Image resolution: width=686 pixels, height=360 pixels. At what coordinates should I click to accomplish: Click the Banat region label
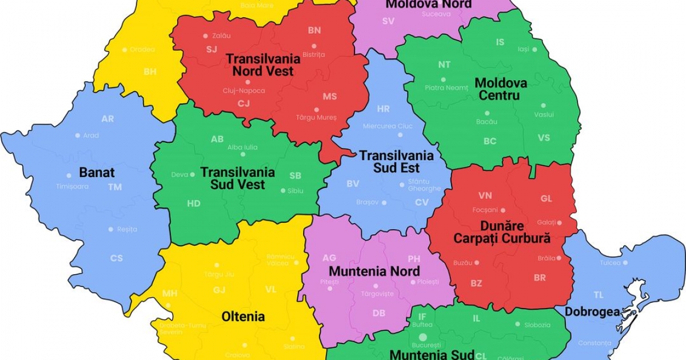(97, 173)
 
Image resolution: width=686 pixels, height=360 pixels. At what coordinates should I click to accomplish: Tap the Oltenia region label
(243, 317)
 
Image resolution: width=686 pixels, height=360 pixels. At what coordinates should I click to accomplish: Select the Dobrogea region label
(592, 312)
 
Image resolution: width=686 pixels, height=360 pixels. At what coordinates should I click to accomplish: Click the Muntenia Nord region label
(374, 271)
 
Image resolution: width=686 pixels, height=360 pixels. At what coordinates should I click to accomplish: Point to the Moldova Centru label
(501, 89)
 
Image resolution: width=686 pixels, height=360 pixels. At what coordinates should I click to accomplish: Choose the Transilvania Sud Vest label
(237, 178)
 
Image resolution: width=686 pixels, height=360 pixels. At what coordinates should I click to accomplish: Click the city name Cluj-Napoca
(244, 91)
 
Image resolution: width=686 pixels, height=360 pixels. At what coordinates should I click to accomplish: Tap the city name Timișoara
(72, 186)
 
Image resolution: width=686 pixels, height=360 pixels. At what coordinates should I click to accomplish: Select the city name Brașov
(367, 202)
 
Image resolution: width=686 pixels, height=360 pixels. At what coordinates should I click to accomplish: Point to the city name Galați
(546, 222)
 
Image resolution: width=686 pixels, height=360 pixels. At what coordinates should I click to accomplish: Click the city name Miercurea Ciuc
(388, 126)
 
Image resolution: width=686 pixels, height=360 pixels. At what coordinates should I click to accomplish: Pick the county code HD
(194, 203)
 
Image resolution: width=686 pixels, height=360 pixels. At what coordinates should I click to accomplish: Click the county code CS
(117, 258)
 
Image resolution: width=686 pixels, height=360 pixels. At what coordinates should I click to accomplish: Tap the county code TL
(599, 295)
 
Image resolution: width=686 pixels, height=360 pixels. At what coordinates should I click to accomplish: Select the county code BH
(150, 72)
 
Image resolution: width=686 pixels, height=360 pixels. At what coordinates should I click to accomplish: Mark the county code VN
(485, 196)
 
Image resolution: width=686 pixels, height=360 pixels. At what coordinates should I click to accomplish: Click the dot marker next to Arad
(78, 135)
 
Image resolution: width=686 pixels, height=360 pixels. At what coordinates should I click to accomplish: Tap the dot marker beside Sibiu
(282, 191)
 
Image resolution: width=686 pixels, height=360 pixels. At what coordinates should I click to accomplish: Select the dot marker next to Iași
(535, 50)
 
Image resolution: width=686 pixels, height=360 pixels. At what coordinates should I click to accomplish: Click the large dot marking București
(422, 338)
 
